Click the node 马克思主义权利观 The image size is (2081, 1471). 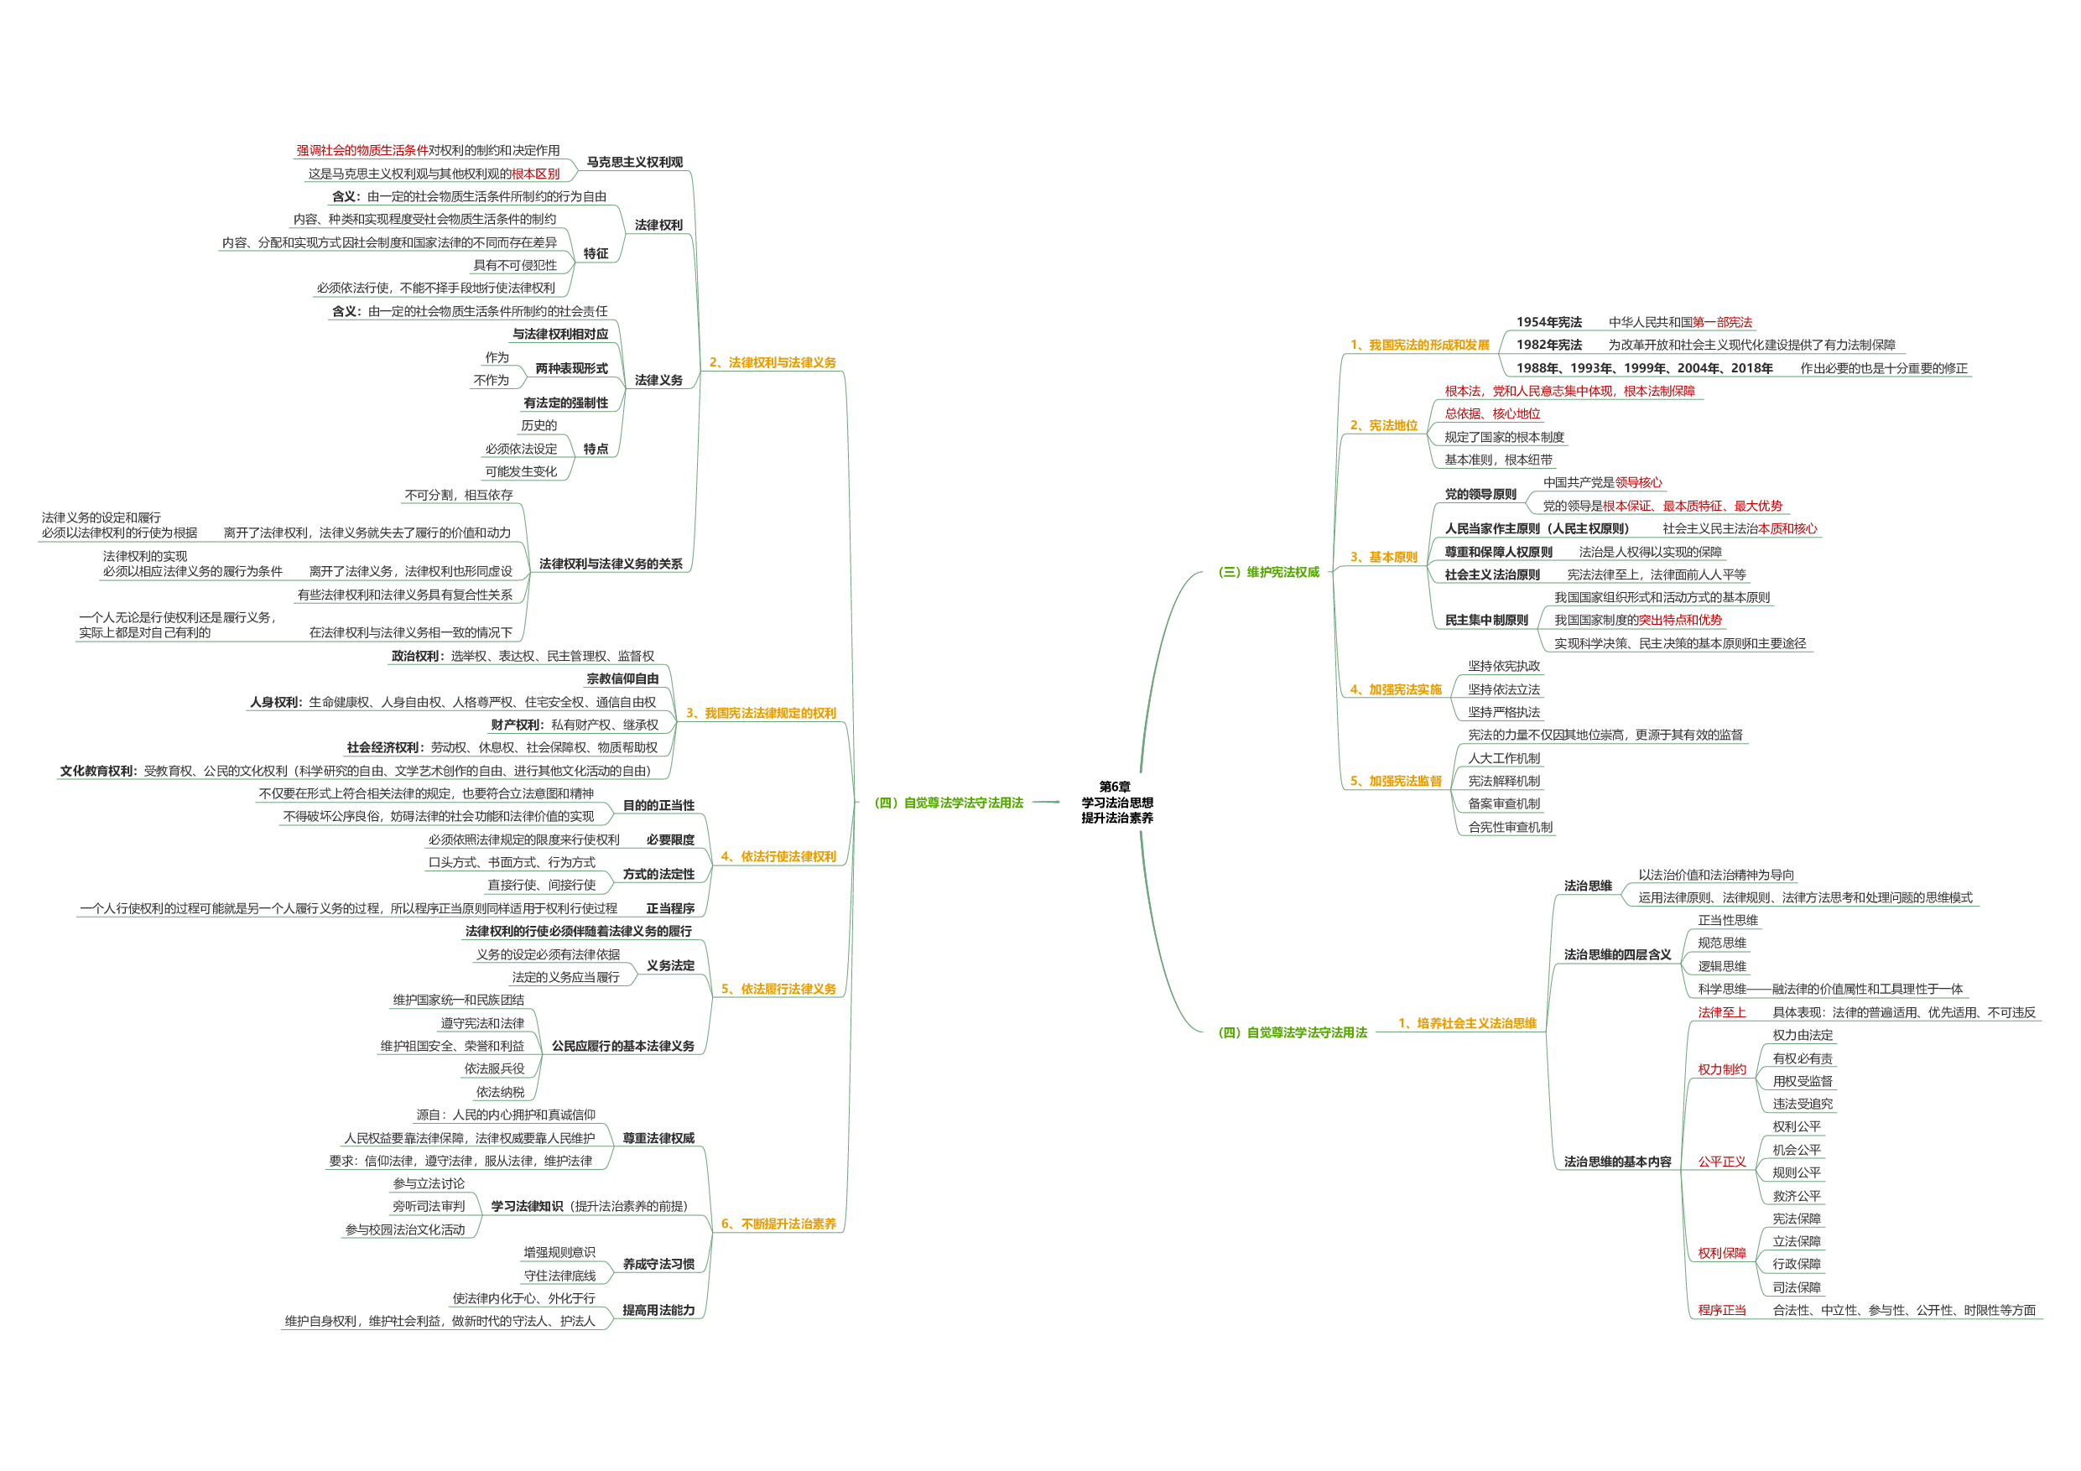click(x=634, y=162)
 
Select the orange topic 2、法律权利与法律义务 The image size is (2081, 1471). click(x=773, y=362)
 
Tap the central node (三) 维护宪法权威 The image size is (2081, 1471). click(x=1267, y=572)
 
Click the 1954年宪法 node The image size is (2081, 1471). click(x=1548, y=322)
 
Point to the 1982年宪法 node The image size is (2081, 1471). click(x=1548, y=345)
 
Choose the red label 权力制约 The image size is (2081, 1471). click(x=1721, y=1069)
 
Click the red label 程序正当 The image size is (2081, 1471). click(x=1721, y=1310)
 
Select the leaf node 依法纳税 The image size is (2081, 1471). click(x=500, y=1092)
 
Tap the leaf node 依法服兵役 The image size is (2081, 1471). click(x=494, y=1068)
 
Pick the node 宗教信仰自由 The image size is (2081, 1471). click(x=622, y=678)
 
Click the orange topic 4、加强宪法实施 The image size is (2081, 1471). click(x=1395, y=689)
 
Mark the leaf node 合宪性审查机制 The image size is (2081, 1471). click(x=1510, y=827)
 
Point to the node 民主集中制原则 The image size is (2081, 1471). click(x=1486, y=620)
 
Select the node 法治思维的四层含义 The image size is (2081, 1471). click(x=1617, y=954)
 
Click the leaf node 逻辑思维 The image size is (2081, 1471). click(x=1721, y=966)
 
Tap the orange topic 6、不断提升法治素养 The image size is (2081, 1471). click(x=778, y=1224)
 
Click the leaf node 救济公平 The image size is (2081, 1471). click(x=1797, y=1195)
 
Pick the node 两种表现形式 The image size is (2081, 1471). click(x=571, y=368)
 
